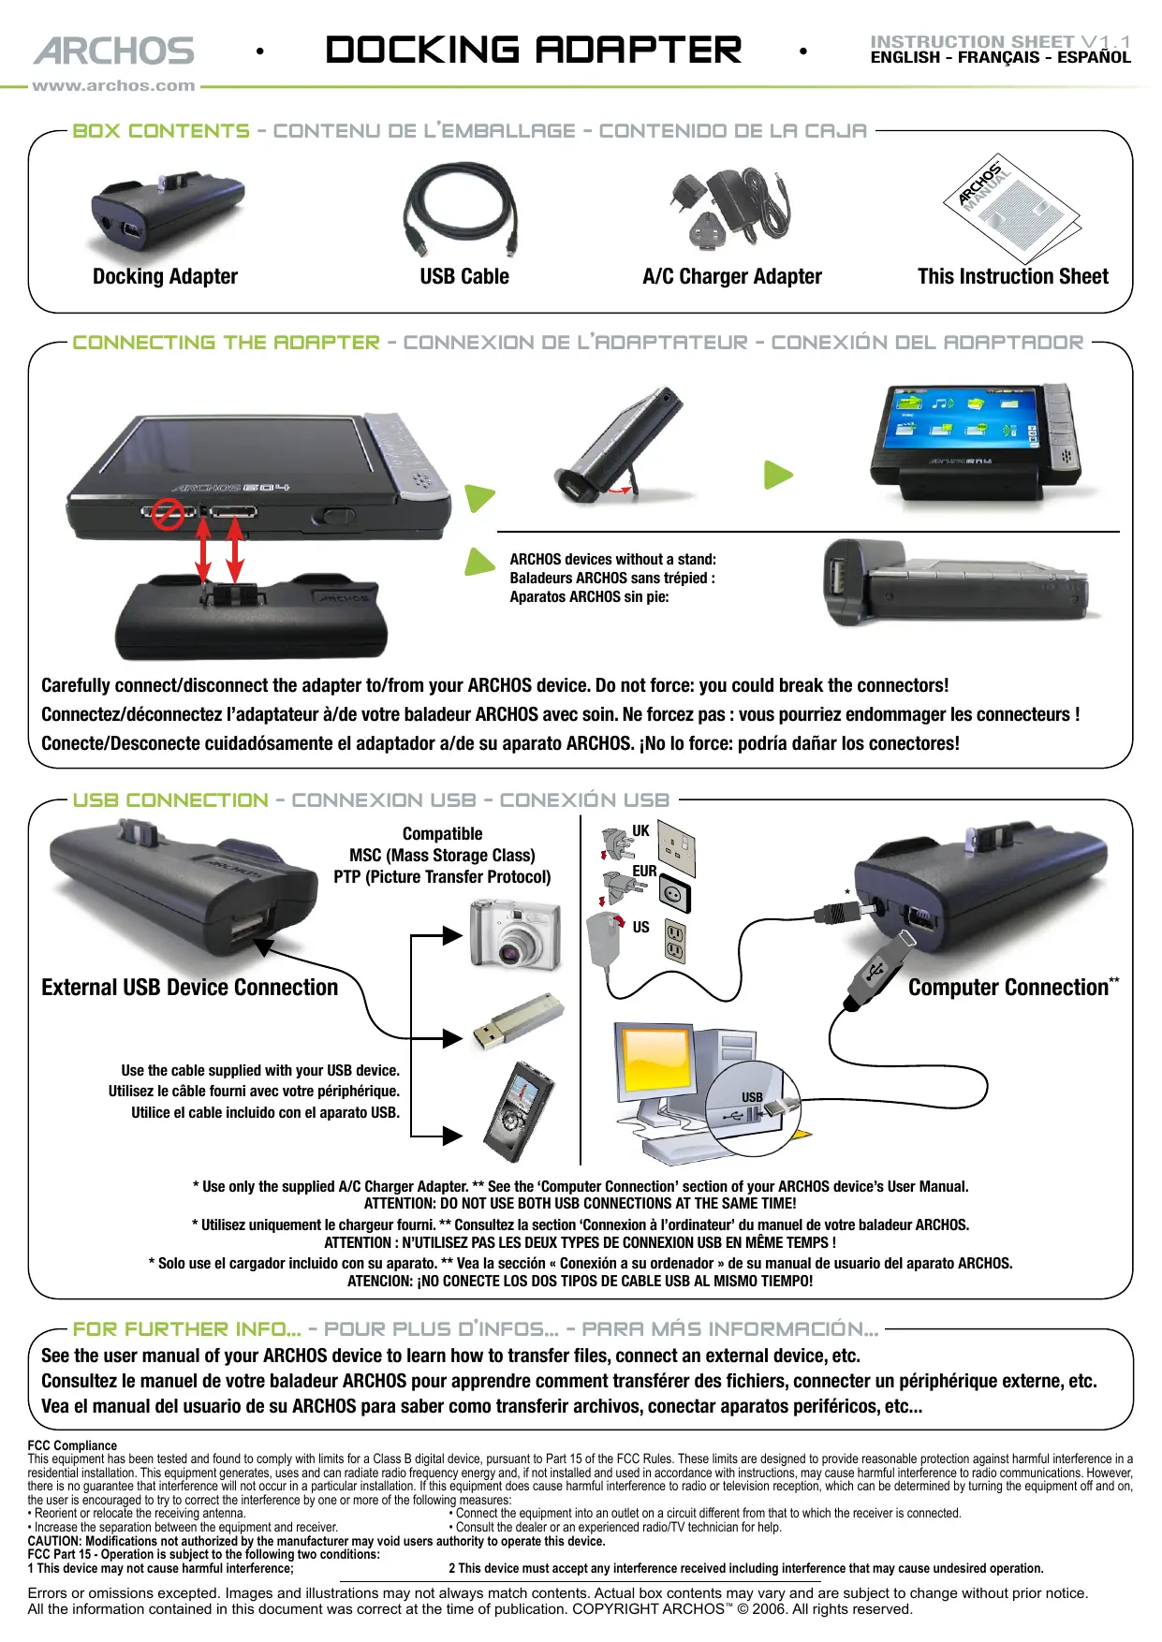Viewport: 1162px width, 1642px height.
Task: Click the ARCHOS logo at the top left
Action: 114,51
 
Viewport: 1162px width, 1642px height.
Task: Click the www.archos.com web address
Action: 113,86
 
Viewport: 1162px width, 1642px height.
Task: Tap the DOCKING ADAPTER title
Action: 533,51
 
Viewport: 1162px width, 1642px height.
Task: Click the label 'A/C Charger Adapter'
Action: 731,276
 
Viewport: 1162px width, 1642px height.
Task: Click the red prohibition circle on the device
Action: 168,513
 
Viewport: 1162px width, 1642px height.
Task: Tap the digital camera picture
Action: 515,936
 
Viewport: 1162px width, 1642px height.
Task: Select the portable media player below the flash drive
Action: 518,1112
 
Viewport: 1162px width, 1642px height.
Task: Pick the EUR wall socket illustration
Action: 674,893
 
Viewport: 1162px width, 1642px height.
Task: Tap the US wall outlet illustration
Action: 674,941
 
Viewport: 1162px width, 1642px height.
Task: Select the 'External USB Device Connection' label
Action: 189,988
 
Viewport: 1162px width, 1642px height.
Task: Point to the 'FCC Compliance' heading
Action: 72,1445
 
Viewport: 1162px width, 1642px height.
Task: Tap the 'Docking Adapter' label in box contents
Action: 165,276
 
